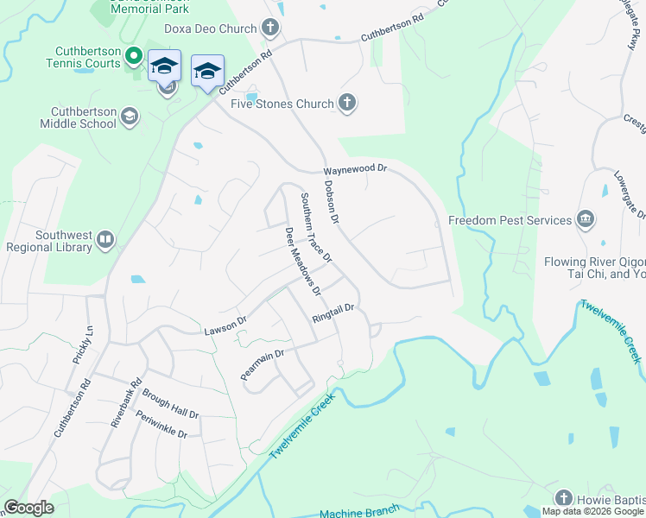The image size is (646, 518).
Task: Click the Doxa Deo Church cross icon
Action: point(270,28)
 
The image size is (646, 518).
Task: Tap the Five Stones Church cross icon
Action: point(347,104)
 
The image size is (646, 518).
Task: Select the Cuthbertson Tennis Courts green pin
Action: point(133,58)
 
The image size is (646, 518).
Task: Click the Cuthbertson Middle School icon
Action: point(130,117)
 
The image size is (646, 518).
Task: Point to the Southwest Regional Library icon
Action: point(105,239)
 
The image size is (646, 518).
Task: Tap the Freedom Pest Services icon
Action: point(586,220)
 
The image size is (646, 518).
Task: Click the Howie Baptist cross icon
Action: point(563,498)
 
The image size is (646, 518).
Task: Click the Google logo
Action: point(28,508)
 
